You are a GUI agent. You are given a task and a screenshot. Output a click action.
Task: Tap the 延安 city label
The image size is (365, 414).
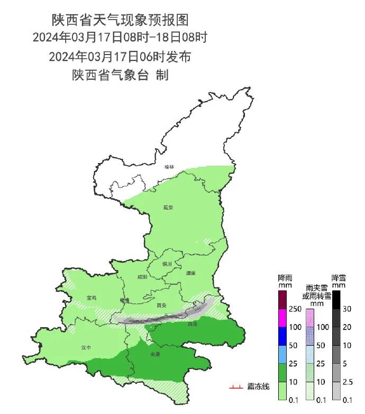(x=169, y=208)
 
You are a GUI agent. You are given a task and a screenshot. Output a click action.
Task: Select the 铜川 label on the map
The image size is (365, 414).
(x=167, y=263)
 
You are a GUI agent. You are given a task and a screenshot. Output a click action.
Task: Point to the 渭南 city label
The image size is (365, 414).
(x=190, y=273)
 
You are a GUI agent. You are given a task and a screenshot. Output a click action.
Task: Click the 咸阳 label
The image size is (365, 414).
(x=142, y=277)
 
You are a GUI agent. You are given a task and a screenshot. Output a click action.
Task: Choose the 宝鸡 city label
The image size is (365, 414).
(x=91, y=298)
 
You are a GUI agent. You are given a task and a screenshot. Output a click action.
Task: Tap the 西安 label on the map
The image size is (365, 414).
(x=162, y=305)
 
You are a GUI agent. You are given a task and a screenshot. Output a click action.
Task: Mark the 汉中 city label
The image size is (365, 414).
(x=86, y=348)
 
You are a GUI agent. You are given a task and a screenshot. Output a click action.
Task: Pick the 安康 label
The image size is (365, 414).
(x=155, y=354)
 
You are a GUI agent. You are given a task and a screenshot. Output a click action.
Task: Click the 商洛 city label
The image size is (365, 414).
(x=193, y=323)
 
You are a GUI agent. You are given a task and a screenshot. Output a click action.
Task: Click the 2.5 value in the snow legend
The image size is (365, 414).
(x=348, y=381)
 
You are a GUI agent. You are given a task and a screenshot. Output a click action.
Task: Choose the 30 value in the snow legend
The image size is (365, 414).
(x=348, y=309)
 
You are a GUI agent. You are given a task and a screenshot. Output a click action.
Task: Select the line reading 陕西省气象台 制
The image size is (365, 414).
(x=120, y=75)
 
